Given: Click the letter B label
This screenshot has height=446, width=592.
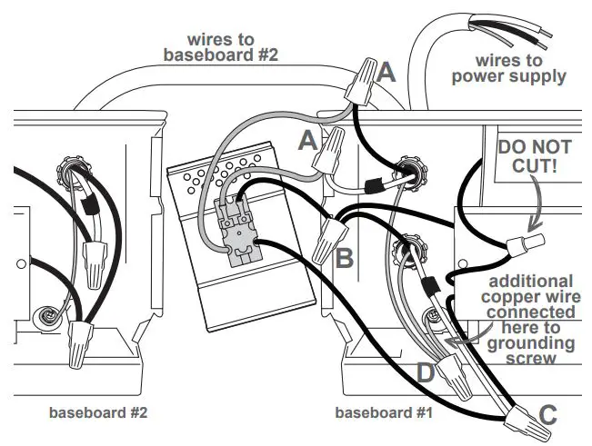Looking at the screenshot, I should [345, 260].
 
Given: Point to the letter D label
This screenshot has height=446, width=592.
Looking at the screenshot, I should [425, 372].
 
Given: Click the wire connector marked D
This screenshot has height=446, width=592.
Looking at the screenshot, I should [450, 368].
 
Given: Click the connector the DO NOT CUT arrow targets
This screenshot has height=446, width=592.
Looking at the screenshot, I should [526, 243].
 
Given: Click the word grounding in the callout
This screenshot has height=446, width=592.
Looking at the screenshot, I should [530, 343].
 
